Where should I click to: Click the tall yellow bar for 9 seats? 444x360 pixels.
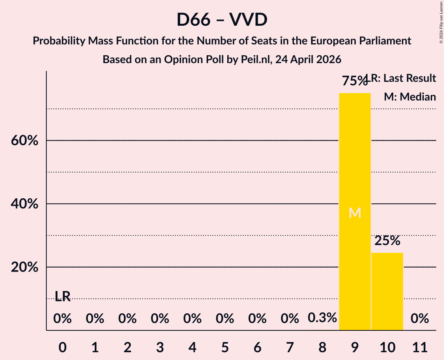[x=355, y=212]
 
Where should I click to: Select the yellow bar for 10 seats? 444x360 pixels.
[x=387, y=291]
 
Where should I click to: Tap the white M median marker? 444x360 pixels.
[x=355, y=213]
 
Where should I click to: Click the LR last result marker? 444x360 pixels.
[x=62, y=296]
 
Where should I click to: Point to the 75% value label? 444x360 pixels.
[x=354, y=81]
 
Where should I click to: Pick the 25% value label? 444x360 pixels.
[x=387, y=240]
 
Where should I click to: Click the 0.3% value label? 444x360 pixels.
[x=322, y=318]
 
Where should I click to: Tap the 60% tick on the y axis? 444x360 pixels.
[x=24, y=140]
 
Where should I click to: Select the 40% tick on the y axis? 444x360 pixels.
[x=24, y=204]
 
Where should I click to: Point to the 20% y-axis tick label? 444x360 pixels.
[x=24, y=267]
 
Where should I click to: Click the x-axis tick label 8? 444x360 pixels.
[x=322, y=347]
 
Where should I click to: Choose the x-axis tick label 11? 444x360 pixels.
[x=420, y=347]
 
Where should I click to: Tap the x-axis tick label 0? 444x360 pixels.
[x=62, y=347]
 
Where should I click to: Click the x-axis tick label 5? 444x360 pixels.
[x=225, y=347]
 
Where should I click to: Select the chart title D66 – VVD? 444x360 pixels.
[x=222, y=19]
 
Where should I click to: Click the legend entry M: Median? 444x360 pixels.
[x=410, y=97]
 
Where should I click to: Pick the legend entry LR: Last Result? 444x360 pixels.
[x=401, y=78]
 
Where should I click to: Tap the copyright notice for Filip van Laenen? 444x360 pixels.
[x=441, y=22]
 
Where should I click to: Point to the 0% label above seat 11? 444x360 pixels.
[x=420, y=318]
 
